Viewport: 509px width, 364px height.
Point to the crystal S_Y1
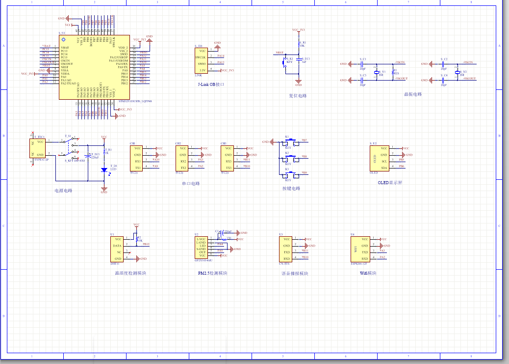click(377, 72)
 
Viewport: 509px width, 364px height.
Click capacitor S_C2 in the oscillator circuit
click(443, 63)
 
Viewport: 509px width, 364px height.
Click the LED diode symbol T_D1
click(104, 169)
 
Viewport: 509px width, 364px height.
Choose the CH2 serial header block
click(182, 158)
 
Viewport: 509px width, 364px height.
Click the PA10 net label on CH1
click(156, 160)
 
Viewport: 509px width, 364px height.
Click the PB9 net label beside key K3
click(305, 173)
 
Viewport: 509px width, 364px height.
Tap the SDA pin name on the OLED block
click(384, 168)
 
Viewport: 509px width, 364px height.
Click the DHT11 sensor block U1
click(117, 249)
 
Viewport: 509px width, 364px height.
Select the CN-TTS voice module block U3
click(286, 249)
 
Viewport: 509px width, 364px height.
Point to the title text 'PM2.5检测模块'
click(213, 273)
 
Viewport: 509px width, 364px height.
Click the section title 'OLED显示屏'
click(390, 183)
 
